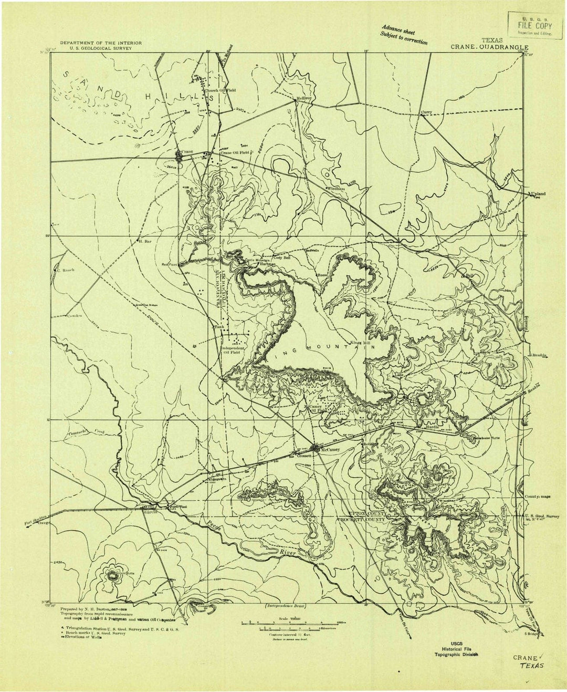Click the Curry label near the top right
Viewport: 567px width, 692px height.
(x=426, y=112)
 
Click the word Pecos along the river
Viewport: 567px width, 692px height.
(x=210, y=523)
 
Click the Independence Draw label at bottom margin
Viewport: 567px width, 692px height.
(x=285, y=606)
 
